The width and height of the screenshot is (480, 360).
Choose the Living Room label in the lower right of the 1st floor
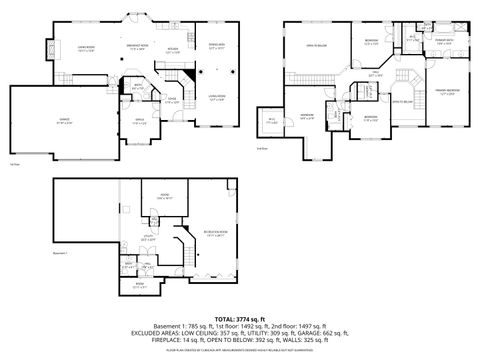point(216,96)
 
